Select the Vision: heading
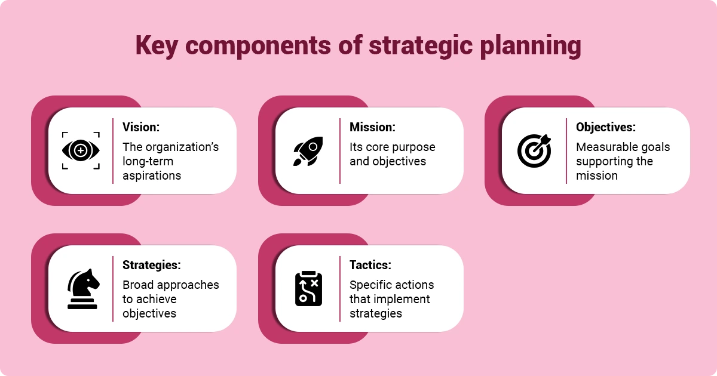141,127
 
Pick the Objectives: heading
606,127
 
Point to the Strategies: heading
152,265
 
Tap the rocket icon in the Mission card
308,150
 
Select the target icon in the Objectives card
534,150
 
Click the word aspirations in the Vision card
152,175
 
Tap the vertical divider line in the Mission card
340,150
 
